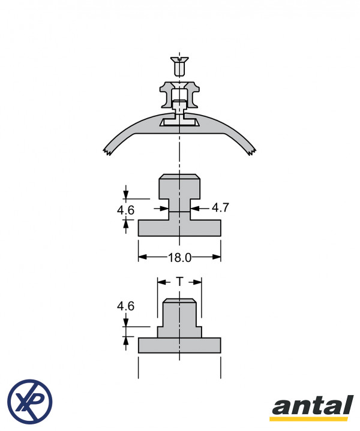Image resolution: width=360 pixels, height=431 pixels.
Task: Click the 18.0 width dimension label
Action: (179, 258)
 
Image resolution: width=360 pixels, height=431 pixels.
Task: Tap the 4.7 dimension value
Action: (220, 207)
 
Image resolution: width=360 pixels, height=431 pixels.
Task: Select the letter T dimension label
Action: (179, 282)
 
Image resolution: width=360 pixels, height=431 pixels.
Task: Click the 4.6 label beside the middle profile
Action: (125, 210)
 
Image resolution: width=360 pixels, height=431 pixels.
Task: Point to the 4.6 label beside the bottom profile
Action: (125, 306)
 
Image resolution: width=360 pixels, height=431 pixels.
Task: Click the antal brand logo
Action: (313, 408)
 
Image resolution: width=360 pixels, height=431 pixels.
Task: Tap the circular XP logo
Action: (30, 401)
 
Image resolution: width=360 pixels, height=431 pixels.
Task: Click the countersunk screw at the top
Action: (179, 67)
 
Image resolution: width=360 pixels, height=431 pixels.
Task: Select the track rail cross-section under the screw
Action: (179, 95)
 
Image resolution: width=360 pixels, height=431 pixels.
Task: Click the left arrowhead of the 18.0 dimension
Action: (142, 257)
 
